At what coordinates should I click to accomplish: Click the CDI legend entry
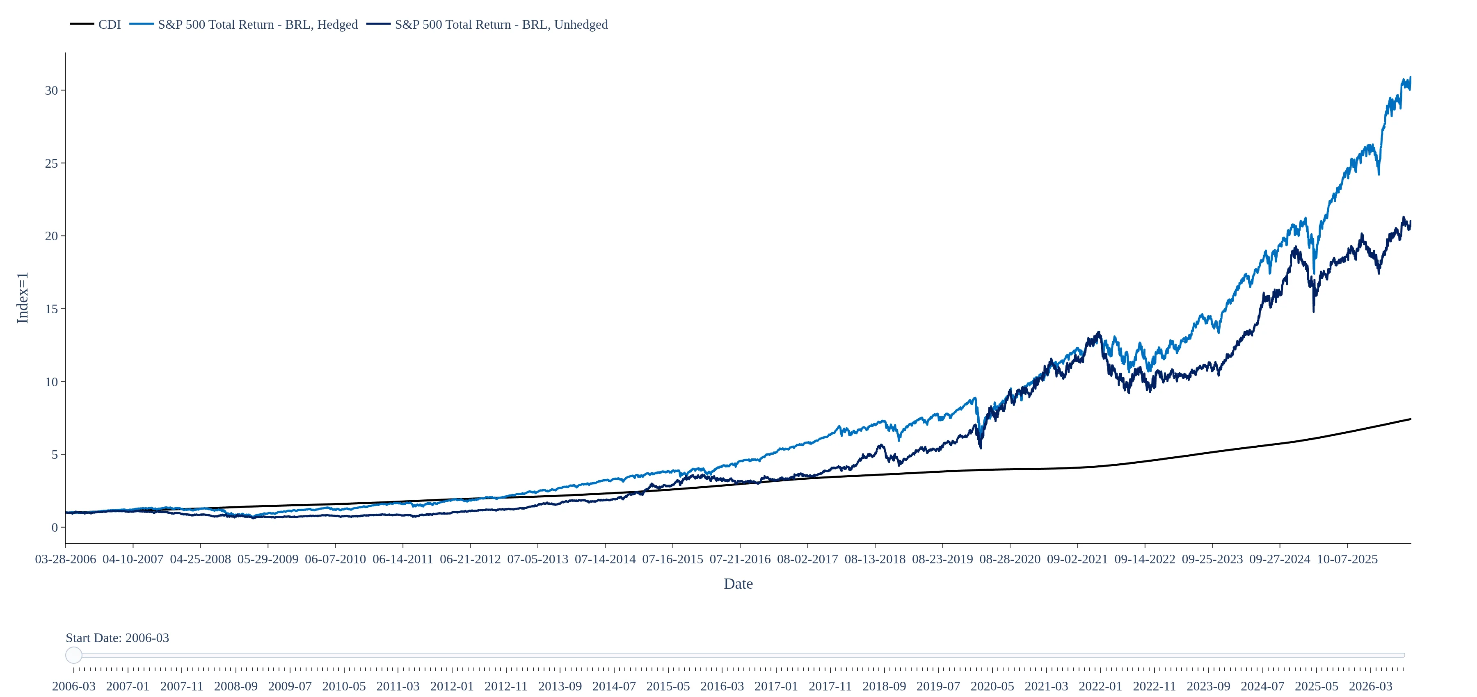tap(95, 25)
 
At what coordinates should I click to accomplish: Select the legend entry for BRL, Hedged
tap(243, 25)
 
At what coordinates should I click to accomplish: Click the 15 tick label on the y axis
tap(52, 309)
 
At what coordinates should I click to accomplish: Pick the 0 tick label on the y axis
tap(55, 527)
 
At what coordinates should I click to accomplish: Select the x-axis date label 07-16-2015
tap(672, 559)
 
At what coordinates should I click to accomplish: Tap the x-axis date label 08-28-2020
tap(1010, 559)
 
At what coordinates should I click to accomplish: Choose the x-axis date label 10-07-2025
tap(1347, 559)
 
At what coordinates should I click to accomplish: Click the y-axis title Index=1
tap(23, 298)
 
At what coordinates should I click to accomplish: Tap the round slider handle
tap(74, 655)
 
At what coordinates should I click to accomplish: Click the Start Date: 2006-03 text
tap(117, 638)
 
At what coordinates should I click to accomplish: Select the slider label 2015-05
tap(668, 686)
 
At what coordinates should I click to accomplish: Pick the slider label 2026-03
tap(1370, 686)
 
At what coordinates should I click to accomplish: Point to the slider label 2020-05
tap(992, 686)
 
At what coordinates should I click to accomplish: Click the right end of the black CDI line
tap(1411, 419)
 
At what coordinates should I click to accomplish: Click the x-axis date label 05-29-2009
tap(268, 559)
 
